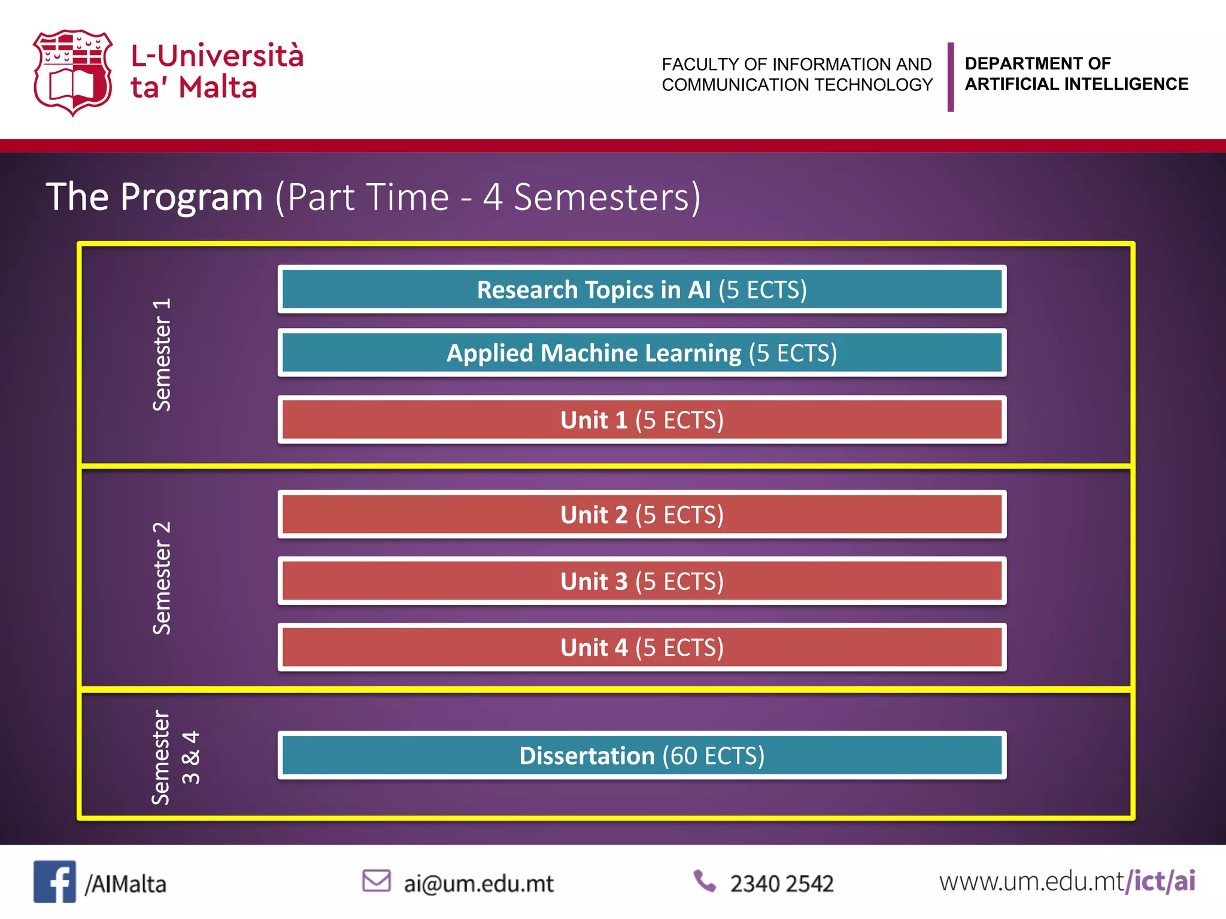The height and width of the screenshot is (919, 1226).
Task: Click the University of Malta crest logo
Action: point(72,72)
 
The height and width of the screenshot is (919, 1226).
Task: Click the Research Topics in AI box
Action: point(642,290)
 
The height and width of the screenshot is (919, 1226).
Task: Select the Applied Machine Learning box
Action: point(642,353)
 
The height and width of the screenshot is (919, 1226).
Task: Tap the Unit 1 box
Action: point(642,420)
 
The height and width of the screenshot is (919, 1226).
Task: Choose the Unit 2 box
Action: point(642,515)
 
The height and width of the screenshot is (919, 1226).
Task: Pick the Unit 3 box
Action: point(642,581)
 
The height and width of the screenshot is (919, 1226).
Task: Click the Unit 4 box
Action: point(642,647)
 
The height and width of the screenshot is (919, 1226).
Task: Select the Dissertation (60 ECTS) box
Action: point(642,756)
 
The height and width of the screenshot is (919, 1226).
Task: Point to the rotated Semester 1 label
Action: point(162,355)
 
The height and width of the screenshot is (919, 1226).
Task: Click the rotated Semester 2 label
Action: point(162,578)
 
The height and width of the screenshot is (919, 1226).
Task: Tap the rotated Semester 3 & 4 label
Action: point(175,757)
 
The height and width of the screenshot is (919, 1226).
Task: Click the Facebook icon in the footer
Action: point(54,881)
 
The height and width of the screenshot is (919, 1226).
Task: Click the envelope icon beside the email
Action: point(377,881)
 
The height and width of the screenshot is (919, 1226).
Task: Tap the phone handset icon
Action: point(705,881)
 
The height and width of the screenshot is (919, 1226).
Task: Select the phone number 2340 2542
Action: point(781,884)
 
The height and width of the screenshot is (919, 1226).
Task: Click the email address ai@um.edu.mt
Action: point(478,884)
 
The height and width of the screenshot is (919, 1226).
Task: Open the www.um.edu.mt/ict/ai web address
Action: point(1067,881)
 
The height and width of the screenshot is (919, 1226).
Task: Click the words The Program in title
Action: point(154,197)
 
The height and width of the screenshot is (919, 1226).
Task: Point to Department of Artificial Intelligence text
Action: point(1076,74)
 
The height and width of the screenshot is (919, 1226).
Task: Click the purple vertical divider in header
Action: point(950,77)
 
